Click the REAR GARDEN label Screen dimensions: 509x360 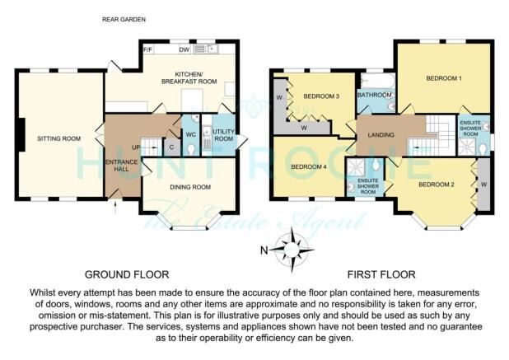coord(124,20)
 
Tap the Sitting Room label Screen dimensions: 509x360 coord(59,138)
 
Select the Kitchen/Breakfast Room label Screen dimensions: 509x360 coord(189,78)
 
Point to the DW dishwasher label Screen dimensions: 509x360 coord(184,49)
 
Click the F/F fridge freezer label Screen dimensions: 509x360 coord(148,49)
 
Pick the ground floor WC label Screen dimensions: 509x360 coord(190,134)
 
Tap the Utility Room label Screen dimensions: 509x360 coord(224,135)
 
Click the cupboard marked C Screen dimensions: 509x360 coord(171,147)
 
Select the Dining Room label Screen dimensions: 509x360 coord(190,187)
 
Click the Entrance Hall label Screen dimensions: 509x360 coord(122,166)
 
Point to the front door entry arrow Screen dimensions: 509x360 coord(116,207)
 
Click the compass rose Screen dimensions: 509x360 coord(292,250)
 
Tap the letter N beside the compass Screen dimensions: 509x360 coord(264,250)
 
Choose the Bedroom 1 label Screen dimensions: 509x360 coord(444,78)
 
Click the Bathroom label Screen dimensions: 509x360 coord(374,95)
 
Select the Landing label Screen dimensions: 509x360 coord(381,135)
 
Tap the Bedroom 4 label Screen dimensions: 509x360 coord(309,167)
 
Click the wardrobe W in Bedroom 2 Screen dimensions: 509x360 coord(483,185)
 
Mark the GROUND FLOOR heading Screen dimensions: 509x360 coord(127,274)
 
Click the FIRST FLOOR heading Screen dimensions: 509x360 coord(381,274)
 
